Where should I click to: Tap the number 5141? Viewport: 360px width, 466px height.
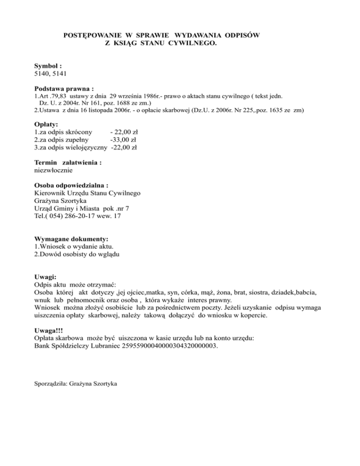point(63,74)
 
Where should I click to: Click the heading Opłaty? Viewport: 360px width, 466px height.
point(46,125)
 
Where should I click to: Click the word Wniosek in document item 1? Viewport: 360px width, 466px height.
point(51,246)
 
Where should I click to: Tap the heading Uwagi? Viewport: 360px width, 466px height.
point(45,277)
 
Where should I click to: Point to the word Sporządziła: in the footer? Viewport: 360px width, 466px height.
point(50,383)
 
